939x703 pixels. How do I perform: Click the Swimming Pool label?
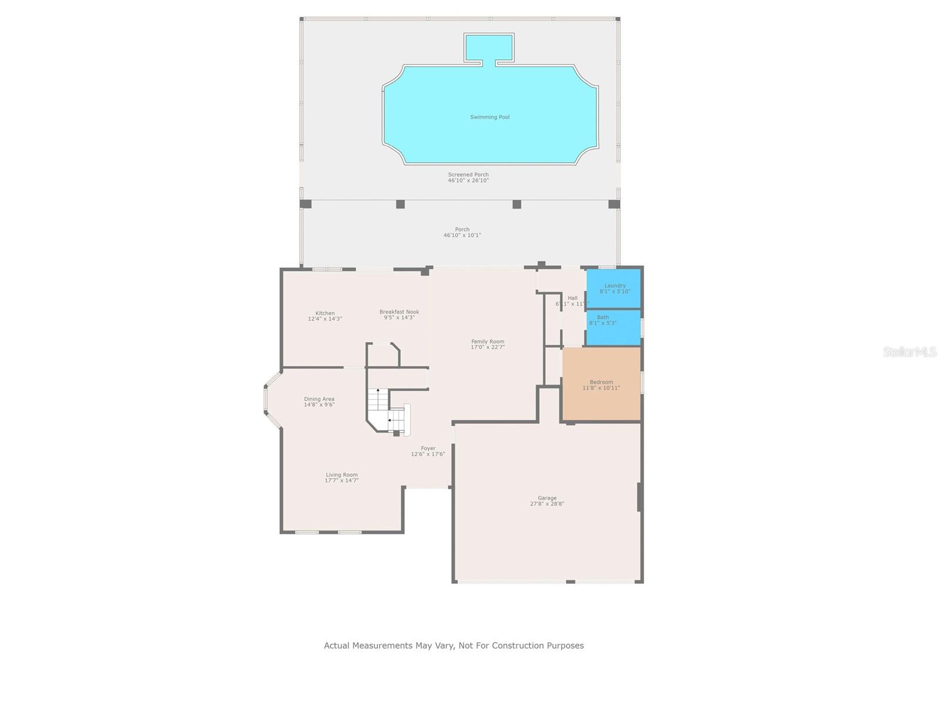coord(489,117)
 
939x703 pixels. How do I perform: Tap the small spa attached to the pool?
coord(489,47)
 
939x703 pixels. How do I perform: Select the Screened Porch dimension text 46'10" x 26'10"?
coord(468,181)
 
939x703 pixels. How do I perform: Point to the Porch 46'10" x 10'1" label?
coord(462,232)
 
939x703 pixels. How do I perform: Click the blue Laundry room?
coord(614,288)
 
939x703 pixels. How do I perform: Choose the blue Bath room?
coord(613,327)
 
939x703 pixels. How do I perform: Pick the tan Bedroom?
coord(602,384)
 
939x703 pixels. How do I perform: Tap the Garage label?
coord(547,498)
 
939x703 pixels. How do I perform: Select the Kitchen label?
coord(325,313)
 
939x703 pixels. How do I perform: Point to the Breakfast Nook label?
coord(399,312)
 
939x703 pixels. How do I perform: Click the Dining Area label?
coord(319,399)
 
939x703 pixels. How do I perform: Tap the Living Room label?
coord(342,475)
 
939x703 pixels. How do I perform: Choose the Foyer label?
coord(428,448)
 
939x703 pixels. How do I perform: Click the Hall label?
coord(572,298)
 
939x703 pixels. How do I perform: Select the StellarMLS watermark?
coord(910,352)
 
